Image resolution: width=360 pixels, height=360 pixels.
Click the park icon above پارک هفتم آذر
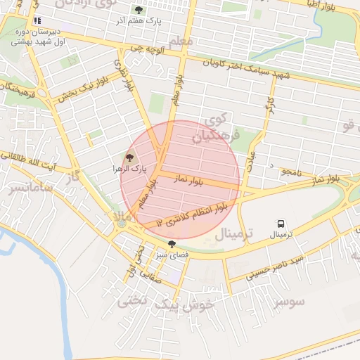point(139,11)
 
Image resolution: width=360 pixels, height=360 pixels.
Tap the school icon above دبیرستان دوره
point(37,21)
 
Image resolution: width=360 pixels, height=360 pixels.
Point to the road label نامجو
point(288,171)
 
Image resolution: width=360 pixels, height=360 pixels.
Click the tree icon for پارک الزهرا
point(129,157)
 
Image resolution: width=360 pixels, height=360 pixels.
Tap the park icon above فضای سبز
point(172,243)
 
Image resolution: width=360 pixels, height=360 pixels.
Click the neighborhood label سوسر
point(290,302)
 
